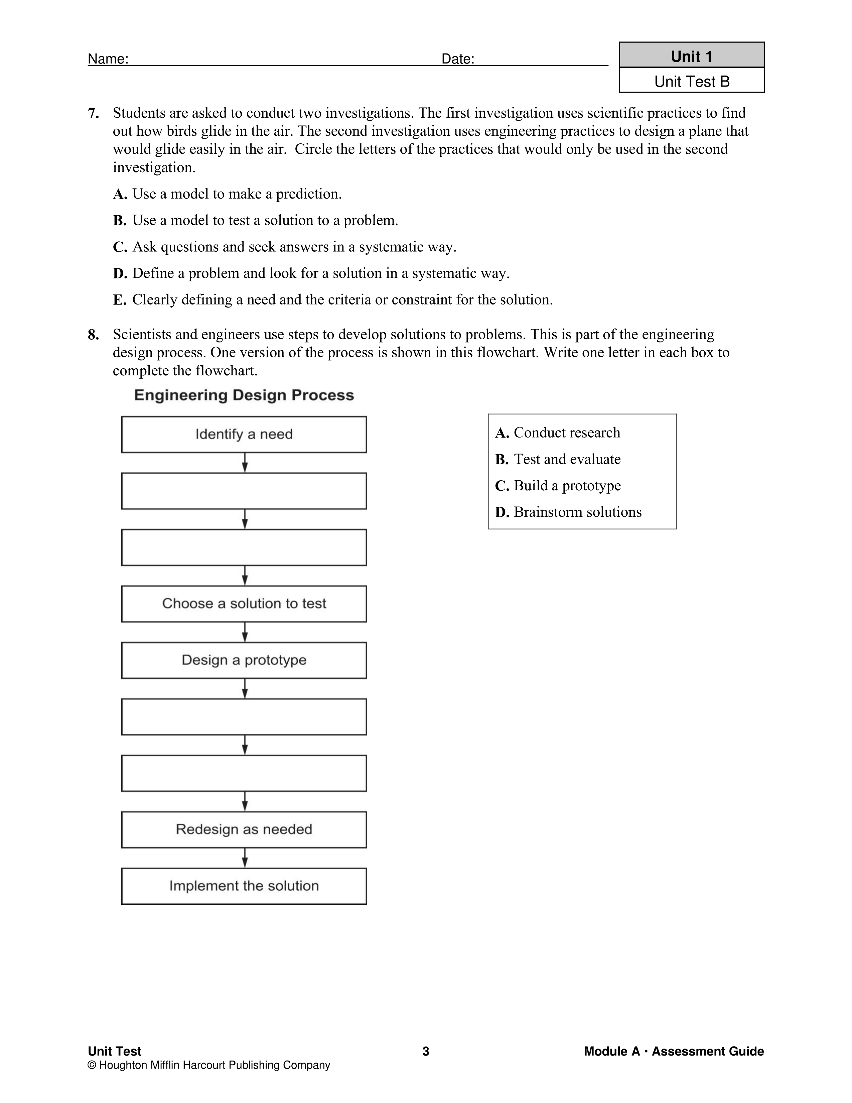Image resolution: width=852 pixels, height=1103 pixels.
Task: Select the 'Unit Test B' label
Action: coord(692,81)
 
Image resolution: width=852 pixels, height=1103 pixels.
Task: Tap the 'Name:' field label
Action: coord(108,59)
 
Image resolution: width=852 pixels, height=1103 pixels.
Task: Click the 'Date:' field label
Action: coord(458,59)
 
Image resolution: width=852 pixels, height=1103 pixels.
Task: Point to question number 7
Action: coord(93,114)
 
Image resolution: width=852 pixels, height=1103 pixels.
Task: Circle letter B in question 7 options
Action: coord(119,221)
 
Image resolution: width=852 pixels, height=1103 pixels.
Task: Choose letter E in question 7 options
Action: coord(119,300)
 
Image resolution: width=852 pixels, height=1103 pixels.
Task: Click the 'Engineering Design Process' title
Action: coord(244,395)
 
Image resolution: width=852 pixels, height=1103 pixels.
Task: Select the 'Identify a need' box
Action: coord(244,434)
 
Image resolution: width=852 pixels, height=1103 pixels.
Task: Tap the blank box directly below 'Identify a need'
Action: coord(244,491)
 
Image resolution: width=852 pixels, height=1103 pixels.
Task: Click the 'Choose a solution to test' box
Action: coord(244,604)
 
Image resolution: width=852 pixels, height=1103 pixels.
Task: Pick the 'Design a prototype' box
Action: coord(244,660)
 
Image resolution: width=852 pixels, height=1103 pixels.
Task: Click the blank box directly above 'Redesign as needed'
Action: coord(244,773)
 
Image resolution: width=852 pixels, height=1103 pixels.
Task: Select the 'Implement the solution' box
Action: coord(244,886)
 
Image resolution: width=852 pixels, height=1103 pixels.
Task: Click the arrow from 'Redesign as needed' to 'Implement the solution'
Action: coord(245,858)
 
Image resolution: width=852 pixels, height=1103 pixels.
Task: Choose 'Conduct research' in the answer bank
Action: coord(566,433)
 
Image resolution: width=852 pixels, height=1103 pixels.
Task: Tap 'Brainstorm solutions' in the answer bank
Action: coord(577,512)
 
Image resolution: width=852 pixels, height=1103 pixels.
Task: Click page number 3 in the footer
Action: coord(425,1051)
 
